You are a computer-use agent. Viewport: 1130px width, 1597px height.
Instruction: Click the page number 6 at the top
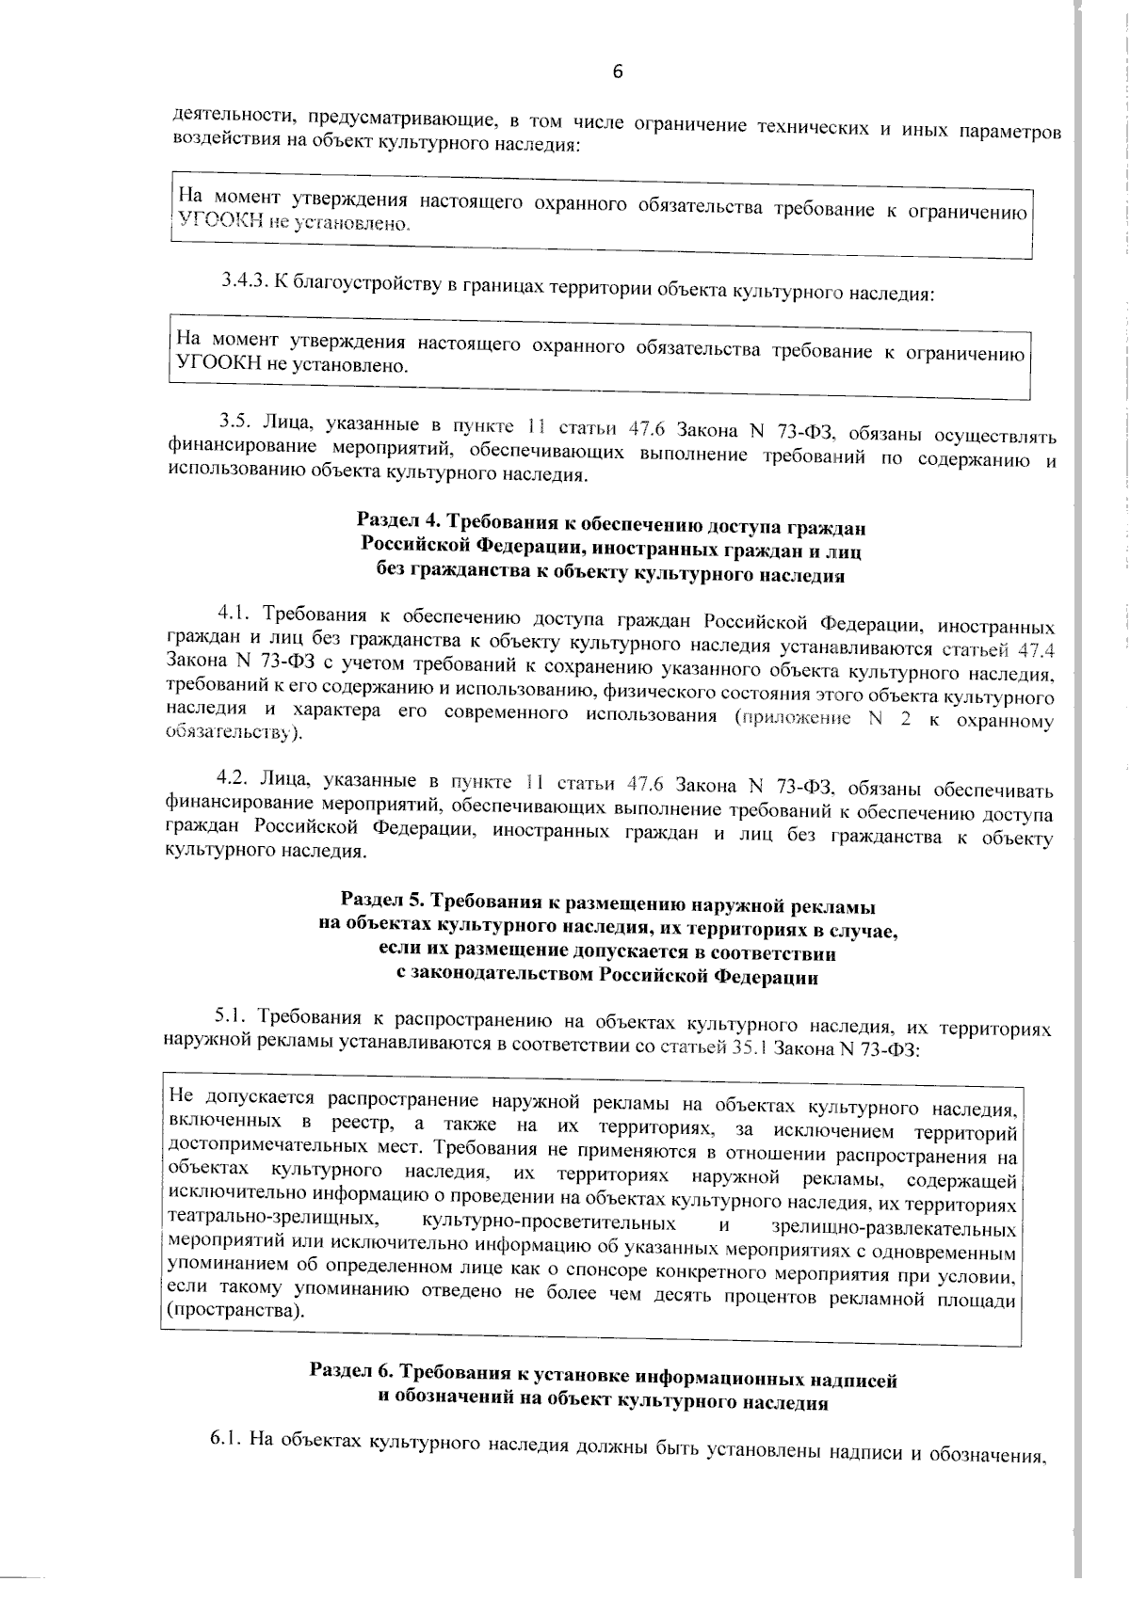coord(618,72)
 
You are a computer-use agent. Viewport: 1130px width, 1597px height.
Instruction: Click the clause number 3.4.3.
coord(246,280)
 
